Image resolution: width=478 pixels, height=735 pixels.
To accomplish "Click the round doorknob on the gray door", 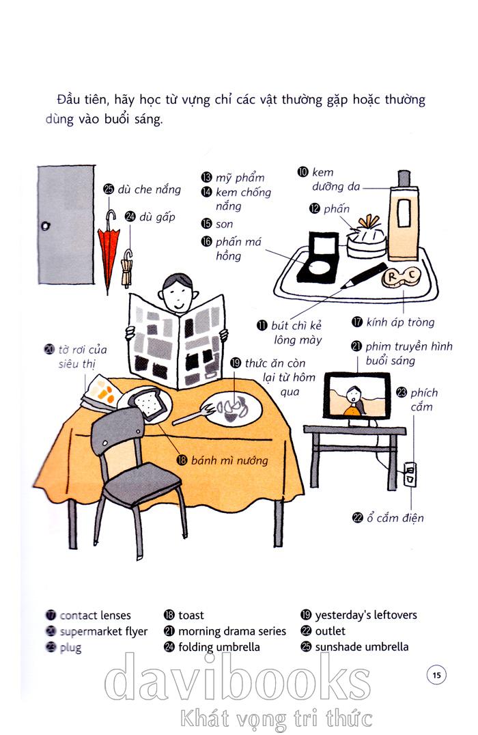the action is tap(46, 226).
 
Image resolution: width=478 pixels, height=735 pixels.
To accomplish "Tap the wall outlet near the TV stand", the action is tap(410, 474).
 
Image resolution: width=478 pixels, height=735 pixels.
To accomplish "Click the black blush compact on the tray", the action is tap(318, 258).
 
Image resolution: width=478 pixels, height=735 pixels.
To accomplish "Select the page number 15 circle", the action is tap(437, 675).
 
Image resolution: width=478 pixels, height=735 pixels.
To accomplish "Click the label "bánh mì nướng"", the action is tap(229, 460).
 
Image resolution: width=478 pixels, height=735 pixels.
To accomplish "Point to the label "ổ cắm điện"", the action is tap(395, 518).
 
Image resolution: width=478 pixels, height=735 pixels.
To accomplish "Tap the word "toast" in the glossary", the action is tap(191, 615).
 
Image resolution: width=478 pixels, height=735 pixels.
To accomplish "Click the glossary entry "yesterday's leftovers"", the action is tap(366, 615).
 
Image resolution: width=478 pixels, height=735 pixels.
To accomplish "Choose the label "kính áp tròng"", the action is tap(400, 322).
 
